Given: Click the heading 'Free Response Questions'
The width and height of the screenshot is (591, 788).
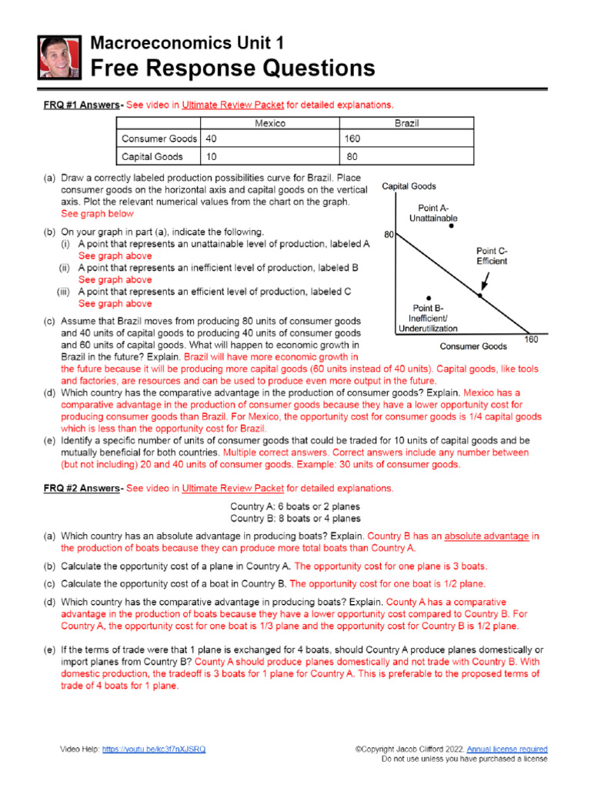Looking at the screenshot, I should (233, 68).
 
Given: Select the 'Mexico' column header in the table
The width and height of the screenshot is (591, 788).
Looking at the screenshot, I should (269, 123).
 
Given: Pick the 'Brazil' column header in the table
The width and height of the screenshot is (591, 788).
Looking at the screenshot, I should (406, 123).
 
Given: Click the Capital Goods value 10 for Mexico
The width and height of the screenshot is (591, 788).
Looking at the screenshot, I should (211, 156).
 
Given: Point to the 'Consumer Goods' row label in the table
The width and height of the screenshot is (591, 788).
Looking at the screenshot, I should (158, 139).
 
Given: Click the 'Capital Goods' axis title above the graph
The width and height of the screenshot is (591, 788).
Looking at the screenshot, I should (409, 186).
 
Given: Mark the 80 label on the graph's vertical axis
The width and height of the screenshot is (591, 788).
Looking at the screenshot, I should (388, 235).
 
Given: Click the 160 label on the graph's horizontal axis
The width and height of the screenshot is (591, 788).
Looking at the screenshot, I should (531, 339).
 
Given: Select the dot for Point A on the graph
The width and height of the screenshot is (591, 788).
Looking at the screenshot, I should (452, 227).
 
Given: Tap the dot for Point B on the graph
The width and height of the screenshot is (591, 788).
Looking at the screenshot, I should (428, 298).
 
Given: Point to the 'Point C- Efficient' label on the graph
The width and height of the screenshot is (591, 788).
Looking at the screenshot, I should (492, 255).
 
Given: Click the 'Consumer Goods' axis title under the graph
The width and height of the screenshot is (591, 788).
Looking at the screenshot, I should (473, 346).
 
